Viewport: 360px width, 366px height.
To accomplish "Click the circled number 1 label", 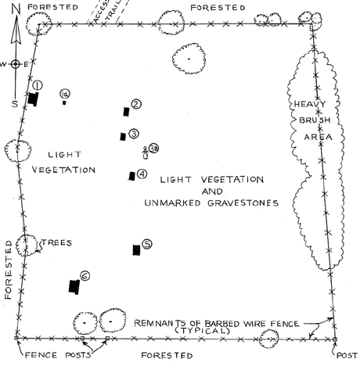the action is pyautogui.click(x=38, y=85).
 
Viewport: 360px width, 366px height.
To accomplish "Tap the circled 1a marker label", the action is pyautogui.click(x=65, y=94).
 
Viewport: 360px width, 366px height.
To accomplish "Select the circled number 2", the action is pyautogui.click(x=136, y=104).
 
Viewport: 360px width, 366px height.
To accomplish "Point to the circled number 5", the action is pyautogui.click(x=147, y=244).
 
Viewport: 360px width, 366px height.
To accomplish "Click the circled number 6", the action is pyautogui.click(x=85, y=276).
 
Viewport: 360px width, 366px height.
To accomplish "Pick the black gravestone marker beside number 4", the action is pyautogui.click(x=132, y=176).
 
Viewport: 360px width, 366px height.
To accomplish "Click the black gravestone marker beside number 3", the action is pyautogui.click(x=123, y=136).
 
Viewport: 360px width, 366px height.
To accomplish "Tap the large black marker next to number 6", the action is pyautogui.click(x=74, y=286).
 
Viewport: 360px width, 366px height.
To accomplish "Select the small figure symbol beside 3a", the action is pyautogui.click(x=145, y=152).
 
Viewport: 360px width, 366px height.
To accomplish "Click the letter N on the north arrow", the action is pyautogui.click(x=16, y=9).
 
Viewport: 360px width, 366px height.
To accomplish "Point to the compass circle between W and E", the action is pyautogui.click(x=16, y=64).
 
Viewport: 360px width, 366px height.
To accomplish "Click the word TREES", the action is pyautogui.click(x=56, y=243).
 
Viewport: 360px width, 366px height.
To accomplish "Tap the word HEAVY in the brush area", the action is pyautogui.click(x=310, y=104).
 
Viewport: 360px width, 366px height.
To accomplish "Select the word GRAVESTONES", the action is pyautogui.click(x=243, y=203).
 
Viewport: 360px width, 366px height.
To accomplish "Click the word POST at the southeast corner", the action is pyautogui.click(x=347, y=356).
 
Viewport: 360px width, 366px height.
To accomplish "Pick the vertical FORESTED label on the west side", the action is pyautogui.click(x=9, y=270).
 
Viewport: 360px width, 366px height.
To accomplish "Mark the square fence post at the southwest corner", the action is pyautogui.click(x=16, y=338).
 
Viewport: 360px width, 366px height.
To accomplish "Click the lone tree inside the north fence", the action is pyautogui.click(x=189, y=59).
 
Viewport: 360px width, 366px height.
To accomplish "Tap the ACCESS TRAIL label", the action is pyautogui.click(x=107, y=12).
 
